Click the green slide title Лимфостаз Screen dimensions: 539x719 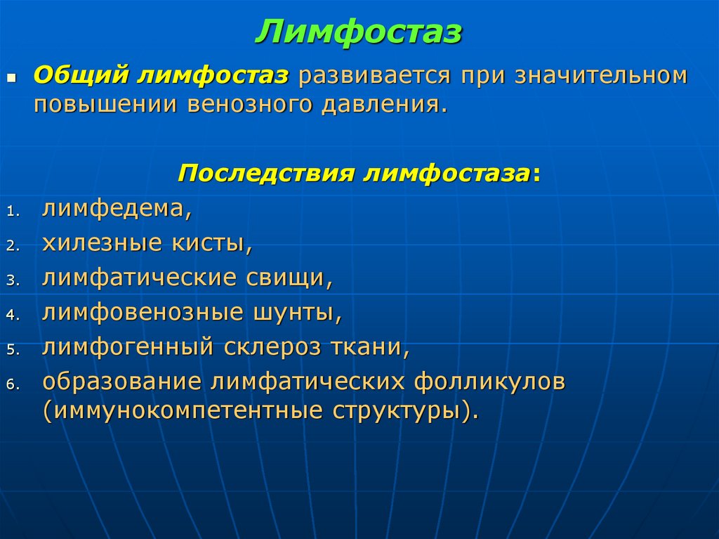(x=359, y=32)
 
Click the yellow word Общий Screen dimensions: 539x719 (x=81, y=75)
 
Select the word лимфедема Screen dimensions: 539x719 (x=116, y=208)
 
